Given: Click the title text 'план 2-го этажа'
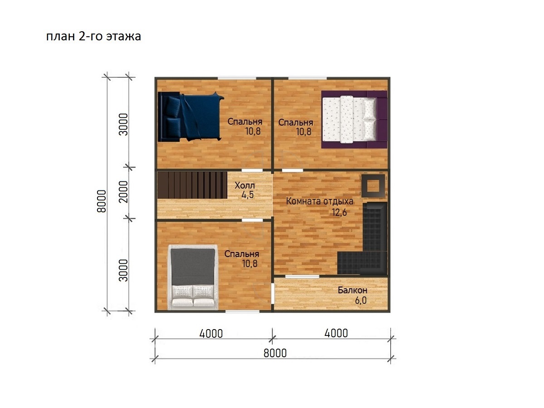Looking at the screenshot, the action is tap(93, 36).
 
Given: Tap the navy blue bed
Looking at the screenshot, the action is tap(191, 117).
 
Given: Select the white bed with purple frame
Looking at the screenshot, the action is tap(354, 119).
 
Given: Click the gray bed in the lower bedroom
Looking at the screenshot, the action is tap(193, 277).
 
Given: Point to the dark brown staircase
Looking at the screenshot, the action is tap(192, 185).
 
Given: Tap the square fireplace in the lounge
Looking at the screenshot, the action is tap(373, 185).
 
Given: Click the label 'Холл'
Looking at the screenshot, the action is tap(245, 185).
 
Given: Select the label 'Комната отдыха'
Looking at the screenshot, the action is tap(320, 201).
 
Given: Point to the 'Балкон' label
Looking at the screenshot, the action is tap(352, 290).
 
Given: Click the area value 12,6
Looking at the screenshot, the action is tap(339, 212).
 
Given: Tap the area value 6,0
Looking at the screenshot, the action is tap(360, 300).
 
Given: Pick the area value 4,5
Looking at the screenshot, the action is tap(248, 195).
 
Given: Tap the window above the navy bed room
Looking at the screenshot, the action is tap(237, 78).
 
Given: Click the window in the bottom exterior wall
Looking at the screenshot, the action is tap(243, 311).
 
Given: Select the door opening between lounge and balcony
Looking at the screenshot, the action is tap(302, 277).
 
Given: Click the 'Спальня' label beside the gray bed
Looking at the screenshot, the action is tap(242, 254).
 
